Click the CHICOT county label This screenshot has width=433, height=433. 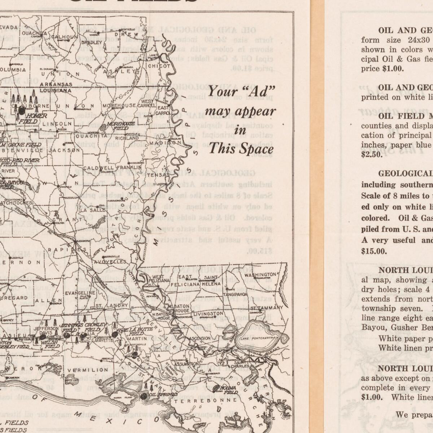[159, 66]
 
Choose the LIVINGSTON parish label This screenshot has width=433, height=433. [209, 313]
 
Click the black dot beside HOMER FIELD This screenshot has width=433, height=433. [22, 111]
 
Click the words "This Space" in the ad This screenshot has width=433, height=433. [241, 148]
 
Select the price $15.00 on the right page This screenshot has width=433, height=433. [374, 251]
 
